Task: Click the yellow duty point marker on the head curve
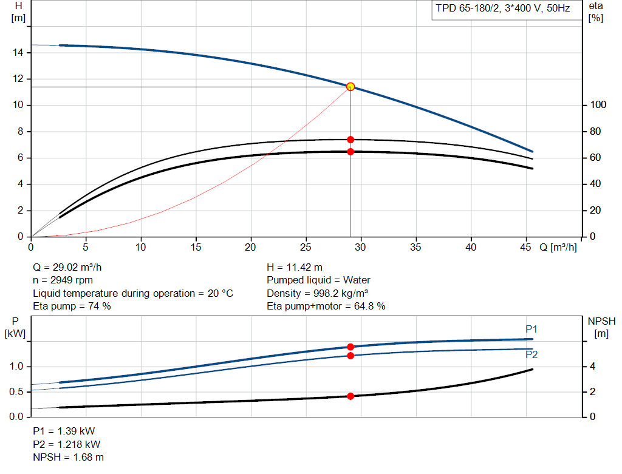350,87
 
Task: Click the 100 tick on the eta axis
597,106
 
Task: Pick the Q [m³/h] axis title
558,247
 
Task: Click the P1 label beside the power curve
531,329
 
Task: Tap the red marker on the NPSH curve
350,396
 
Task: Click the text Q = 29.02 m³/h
72,267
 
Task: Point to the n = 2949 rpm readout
64,280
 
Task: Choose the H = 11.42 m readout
295,267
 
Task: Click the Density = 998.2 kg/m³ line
318,293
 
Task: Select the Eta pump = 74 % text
72,306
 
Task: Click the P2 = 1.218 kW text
67,444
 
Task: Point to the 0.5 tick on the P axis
18,392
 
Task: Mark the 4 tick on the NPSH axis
592,367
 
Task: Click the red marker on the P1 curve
350,347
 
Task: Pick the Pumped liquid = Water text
318,280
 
